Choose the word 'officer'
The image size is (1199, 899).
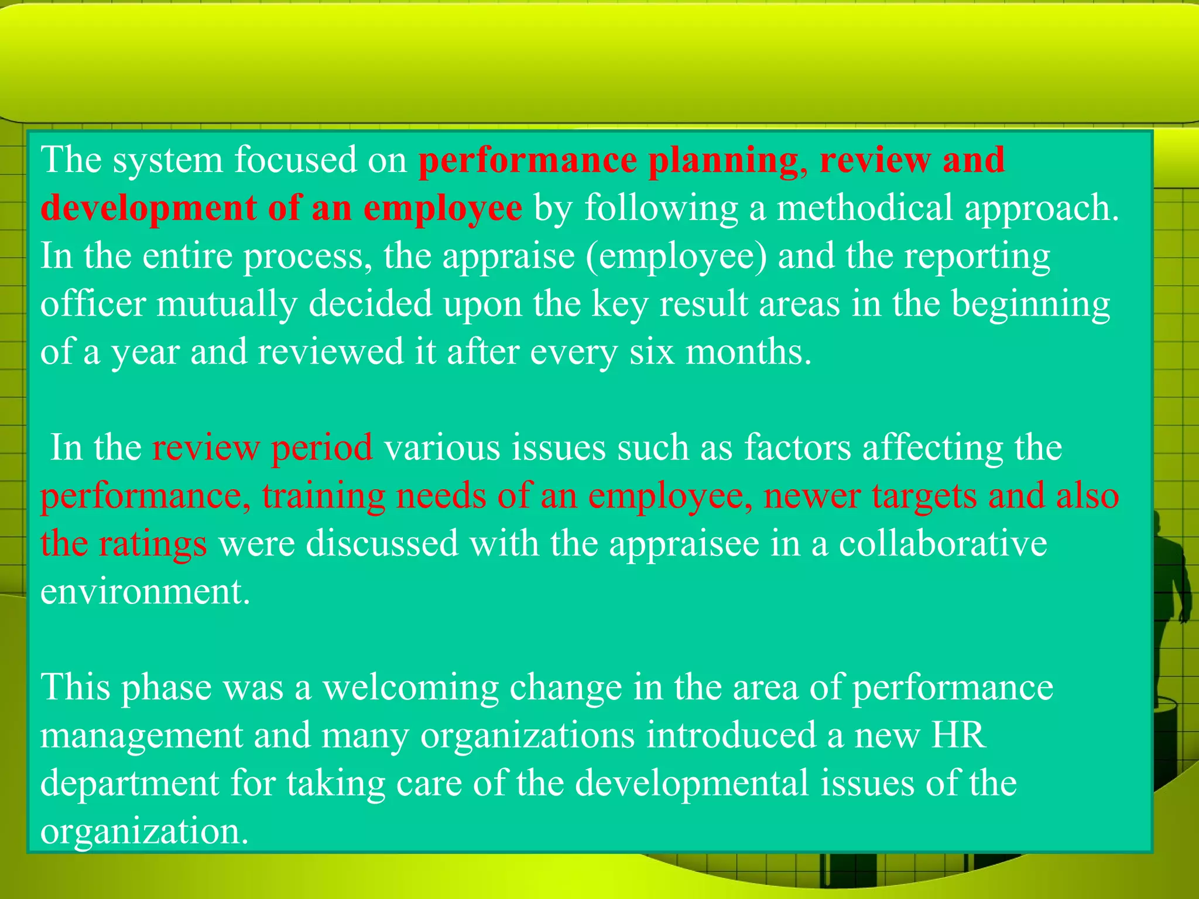click(x=93, y=304)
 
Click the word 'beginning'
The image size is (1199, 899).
click(x=1030, y=304)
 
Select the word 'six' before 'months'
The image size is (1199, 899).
click(x=651, y=352)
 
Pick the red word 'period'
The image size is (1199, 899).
click(x=321, y=448)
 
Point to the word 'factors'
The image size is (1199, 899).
click(x=797, y=448)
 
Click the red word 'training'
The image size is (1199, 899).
click(x=323, y=496)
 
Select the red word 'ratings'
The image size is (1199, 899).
click(x=153, y=544)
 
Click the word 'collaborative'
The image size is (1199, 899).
click(x=943, y=544)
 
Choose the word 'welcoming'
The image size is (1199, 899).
click(x=410, y=688)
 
